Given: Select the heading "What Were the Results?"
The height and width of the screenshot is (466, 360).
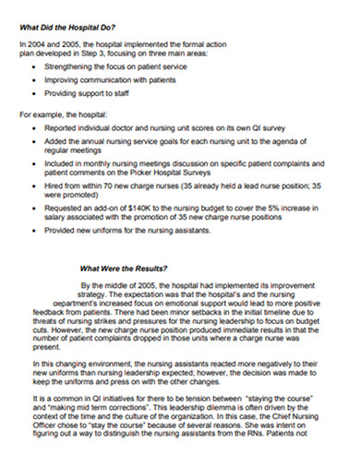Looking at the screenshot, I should pyautogui.click(x=130, y=269).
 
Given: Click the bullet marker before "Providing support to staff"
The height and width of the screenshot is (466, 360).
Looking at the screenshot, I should pyautogui.click(x=34, y=96).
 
